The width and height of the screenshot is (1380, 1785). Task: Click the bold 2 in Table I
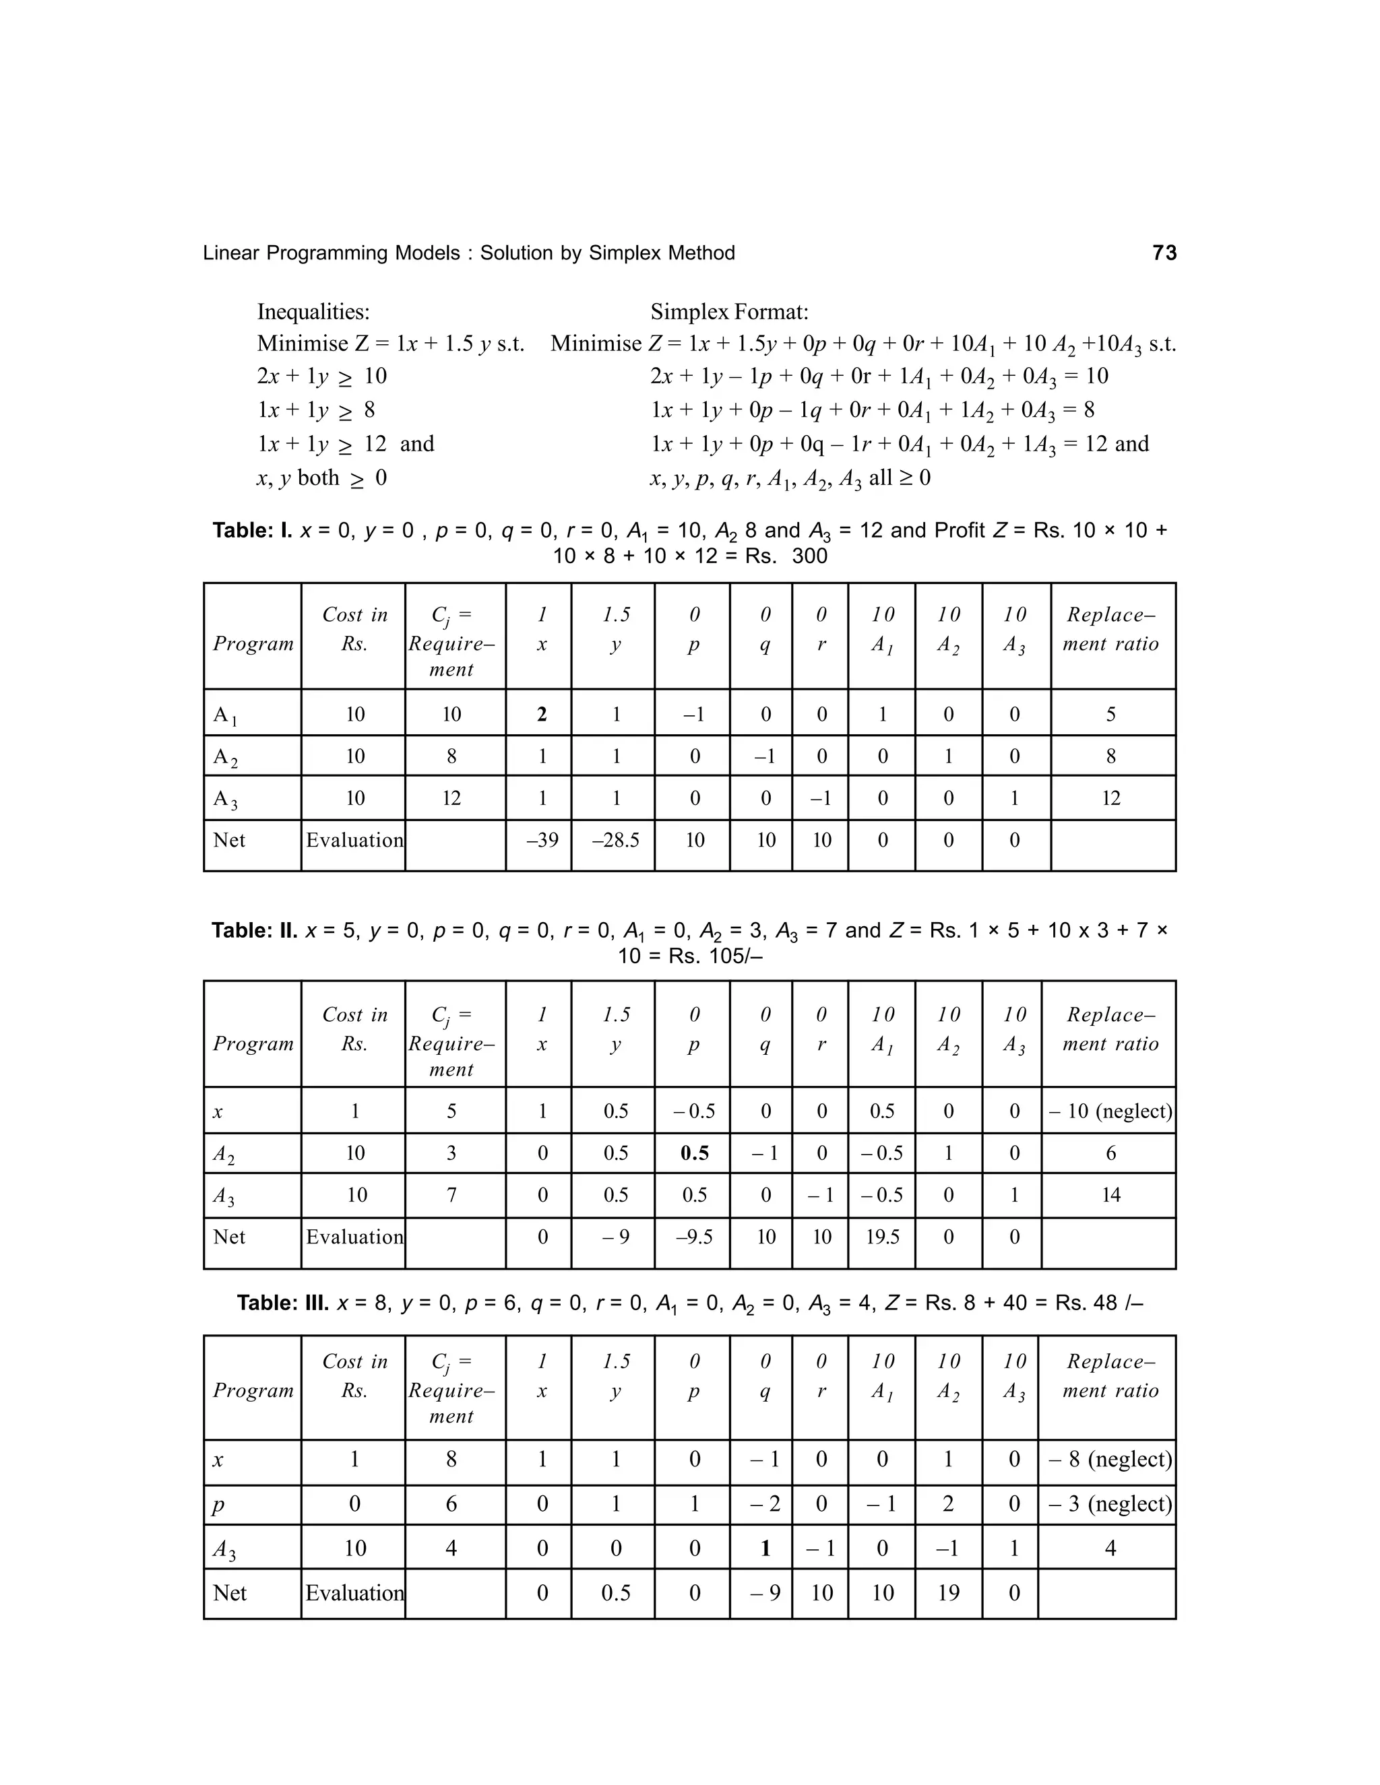pyautogui.click(x=541, y=714)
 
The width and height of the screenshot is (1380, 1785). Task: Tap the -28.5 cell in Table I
pyautogui.click(x=615, y=840)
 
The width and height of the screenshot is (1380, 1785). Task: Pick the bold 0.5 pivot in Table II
pyautogui.click(x=694, y=1153)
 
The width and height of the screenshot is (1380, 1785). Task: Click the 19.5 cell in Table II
pyautogui.click(x=882, y=1237)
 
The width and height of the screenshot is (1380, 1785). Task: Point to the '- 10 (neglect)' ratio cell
pyautogui.click(x=1109, y=1111)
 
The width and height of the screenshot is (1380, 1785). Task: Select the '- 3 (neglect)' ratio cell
pyautogui.click(x=1109, y=1504)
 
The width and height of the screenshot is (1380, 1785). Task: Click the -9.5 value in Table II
pyautogui.click(x=694, y=1237)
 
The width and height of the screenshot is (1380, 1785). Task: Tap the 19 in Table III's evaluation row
pyautogui.click(x=947, y=1593)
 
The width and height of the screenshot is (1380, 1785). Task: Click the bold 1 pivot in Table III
pyautogui.click(x=765, y=1548)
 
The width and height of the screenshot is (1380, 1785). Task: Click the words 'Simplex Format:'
pyautogui.click(x=729, y=311)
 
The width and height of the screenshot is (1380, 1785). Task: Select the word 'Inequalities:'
pyautogui.click(x=313, y=311)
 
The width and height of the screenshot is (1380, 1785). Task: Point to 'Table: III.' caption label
pyautogui.click(x=282, y=1303)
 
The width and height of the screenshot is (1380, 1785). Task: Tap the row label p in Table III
pyautogui.click(x=218, y=1505)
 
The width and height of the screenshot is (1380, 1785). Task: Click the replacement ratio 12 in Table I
pyautogui.click(x=1110, y=798)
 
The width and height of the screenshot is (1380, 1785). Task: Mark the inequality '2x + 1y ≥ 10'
pyautogui.click(x=321, y=376)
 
